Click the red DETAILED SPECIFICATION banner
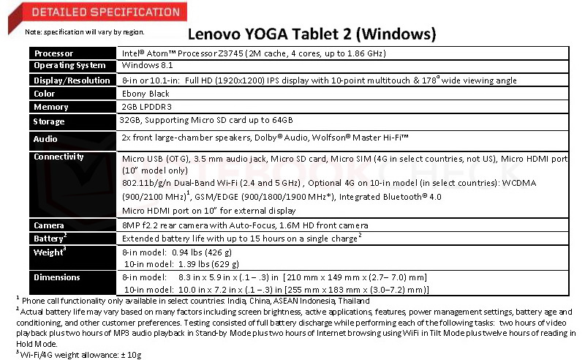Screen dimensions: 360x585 tap(95, 12)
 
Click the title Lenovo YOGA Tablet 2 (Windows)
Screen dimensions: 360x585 tap(312, 34)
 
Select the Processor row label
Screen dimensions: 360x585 tap(54, 53)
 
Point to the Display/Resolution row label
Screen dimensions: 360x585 tap(72, 80)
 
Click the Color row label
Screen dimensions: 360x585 tap(45, 94)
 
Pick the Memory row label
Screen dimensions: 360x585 tap(50, 107)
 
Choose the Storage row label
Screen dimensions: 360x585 tap(50, 121)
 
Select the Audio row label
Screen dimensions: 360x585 tap(46, 138)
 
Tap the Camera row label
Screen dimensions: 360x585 tap(50, 226)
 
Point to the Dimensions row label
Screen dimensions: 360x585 tap(57, 277)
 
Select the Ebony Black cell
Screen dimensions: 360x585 tap(146, 94)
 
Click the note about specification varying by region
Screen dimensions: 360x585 tap(85, 32)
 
